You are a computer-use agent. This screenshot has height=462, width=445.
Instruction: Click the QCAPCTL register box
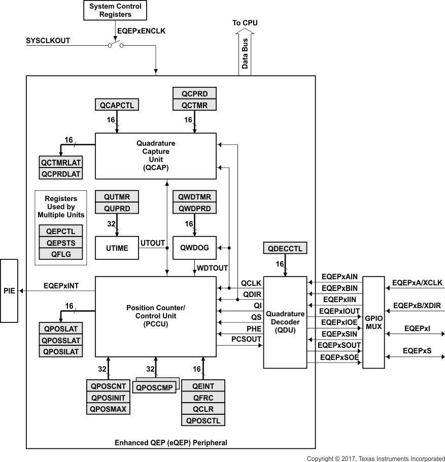click(x=117, y=105)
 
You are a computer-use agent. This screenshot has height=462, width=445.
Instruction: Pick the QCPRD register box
click(x=194, y=93)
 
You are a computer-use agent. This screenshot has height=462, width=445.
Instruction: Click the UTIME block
click(x=117, y=248)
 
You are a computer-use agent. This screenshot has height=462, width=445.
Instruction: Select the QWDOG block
click(x=194, y=248)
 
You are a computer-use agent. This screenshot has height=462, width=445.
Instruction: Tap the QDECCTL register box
click(x=285, y=248)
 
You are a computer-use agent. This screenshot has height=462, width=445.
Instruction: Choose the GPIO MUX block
click(x=373, y=322)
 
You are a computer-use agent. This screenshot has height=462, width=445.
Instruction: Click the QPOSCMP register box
click(x=153, y=387)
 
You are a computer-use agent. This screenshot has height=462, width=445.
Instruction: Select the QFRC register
click(x=203, y=398)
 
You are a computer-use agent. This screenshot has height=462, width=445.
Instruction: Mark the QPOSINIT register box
click(x=109, y=398)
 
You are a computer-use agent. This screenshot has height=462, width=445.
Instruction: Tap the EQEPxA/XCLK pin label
click(x=418, y=283)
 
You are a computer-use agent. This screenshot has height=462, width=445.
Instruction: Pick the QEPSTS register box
click(x=60, y=243)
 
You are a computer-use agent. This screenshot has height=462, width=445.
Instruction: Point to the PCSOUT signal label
click(x=246, y=339)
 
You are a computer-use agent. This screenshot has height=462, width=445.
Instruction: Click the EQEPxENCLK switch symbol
click(x=115, y=46)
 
